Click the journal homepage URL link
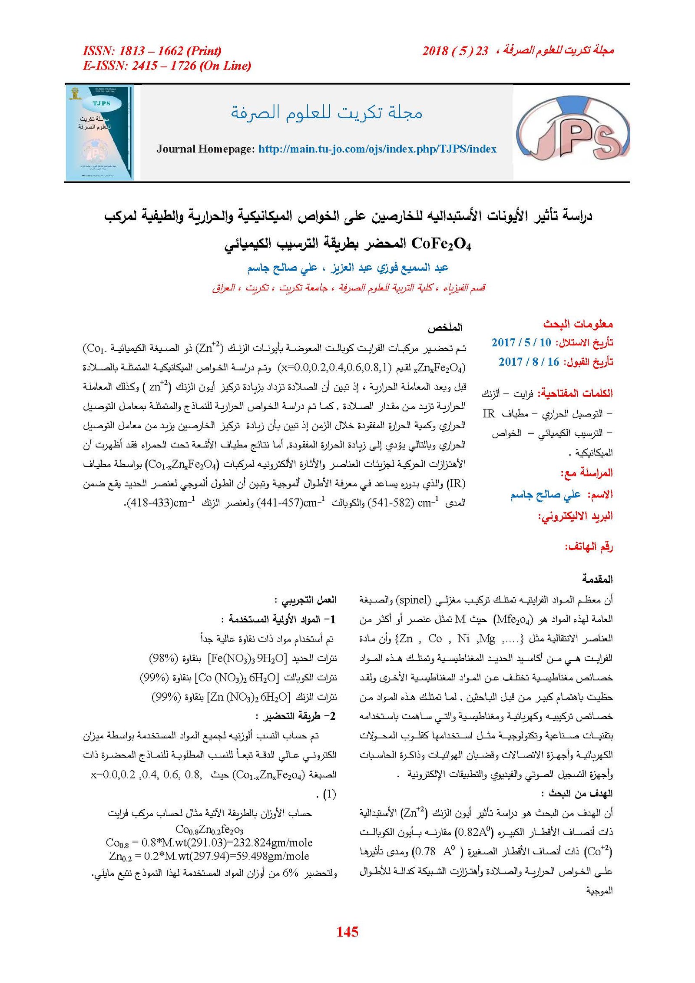click(377, 149)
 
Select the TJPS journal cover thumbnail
click(99, 132)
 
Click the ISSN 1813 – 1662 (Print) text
click(152, 51)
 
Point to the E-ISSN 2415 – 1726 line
click(167, 66)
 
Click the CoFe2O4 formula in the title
click(441, 244)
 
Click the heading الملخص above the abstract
click(445, 327)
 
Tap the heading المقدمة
click(597, 579)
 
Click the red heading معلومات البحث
click(578, 324)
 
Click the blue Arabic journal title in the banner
click(326, 113)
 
